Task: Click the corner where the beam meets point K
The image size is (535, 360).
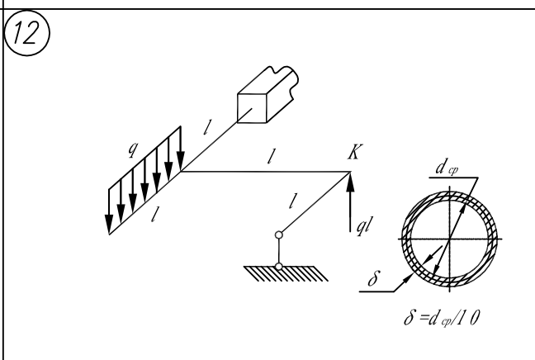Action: [350, 173]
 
